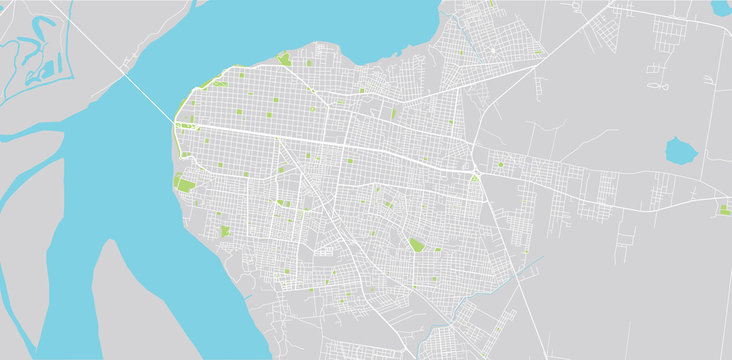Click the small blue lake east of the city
pos(681,151)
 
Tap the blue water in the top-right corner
pos(721,7)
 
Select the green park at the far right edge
pos(724,210)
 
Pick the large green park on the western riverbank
pos(184,183)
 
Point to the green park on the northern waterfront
pos(284,60)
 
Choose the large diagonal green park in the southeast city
pos(416,244)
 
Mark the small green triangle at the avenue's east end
pos(475,177)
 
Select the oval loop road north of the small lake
pos(657,86)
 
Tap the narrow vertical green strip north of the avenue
pos(393,114)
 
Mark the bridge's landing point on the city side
pos(177,124)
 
